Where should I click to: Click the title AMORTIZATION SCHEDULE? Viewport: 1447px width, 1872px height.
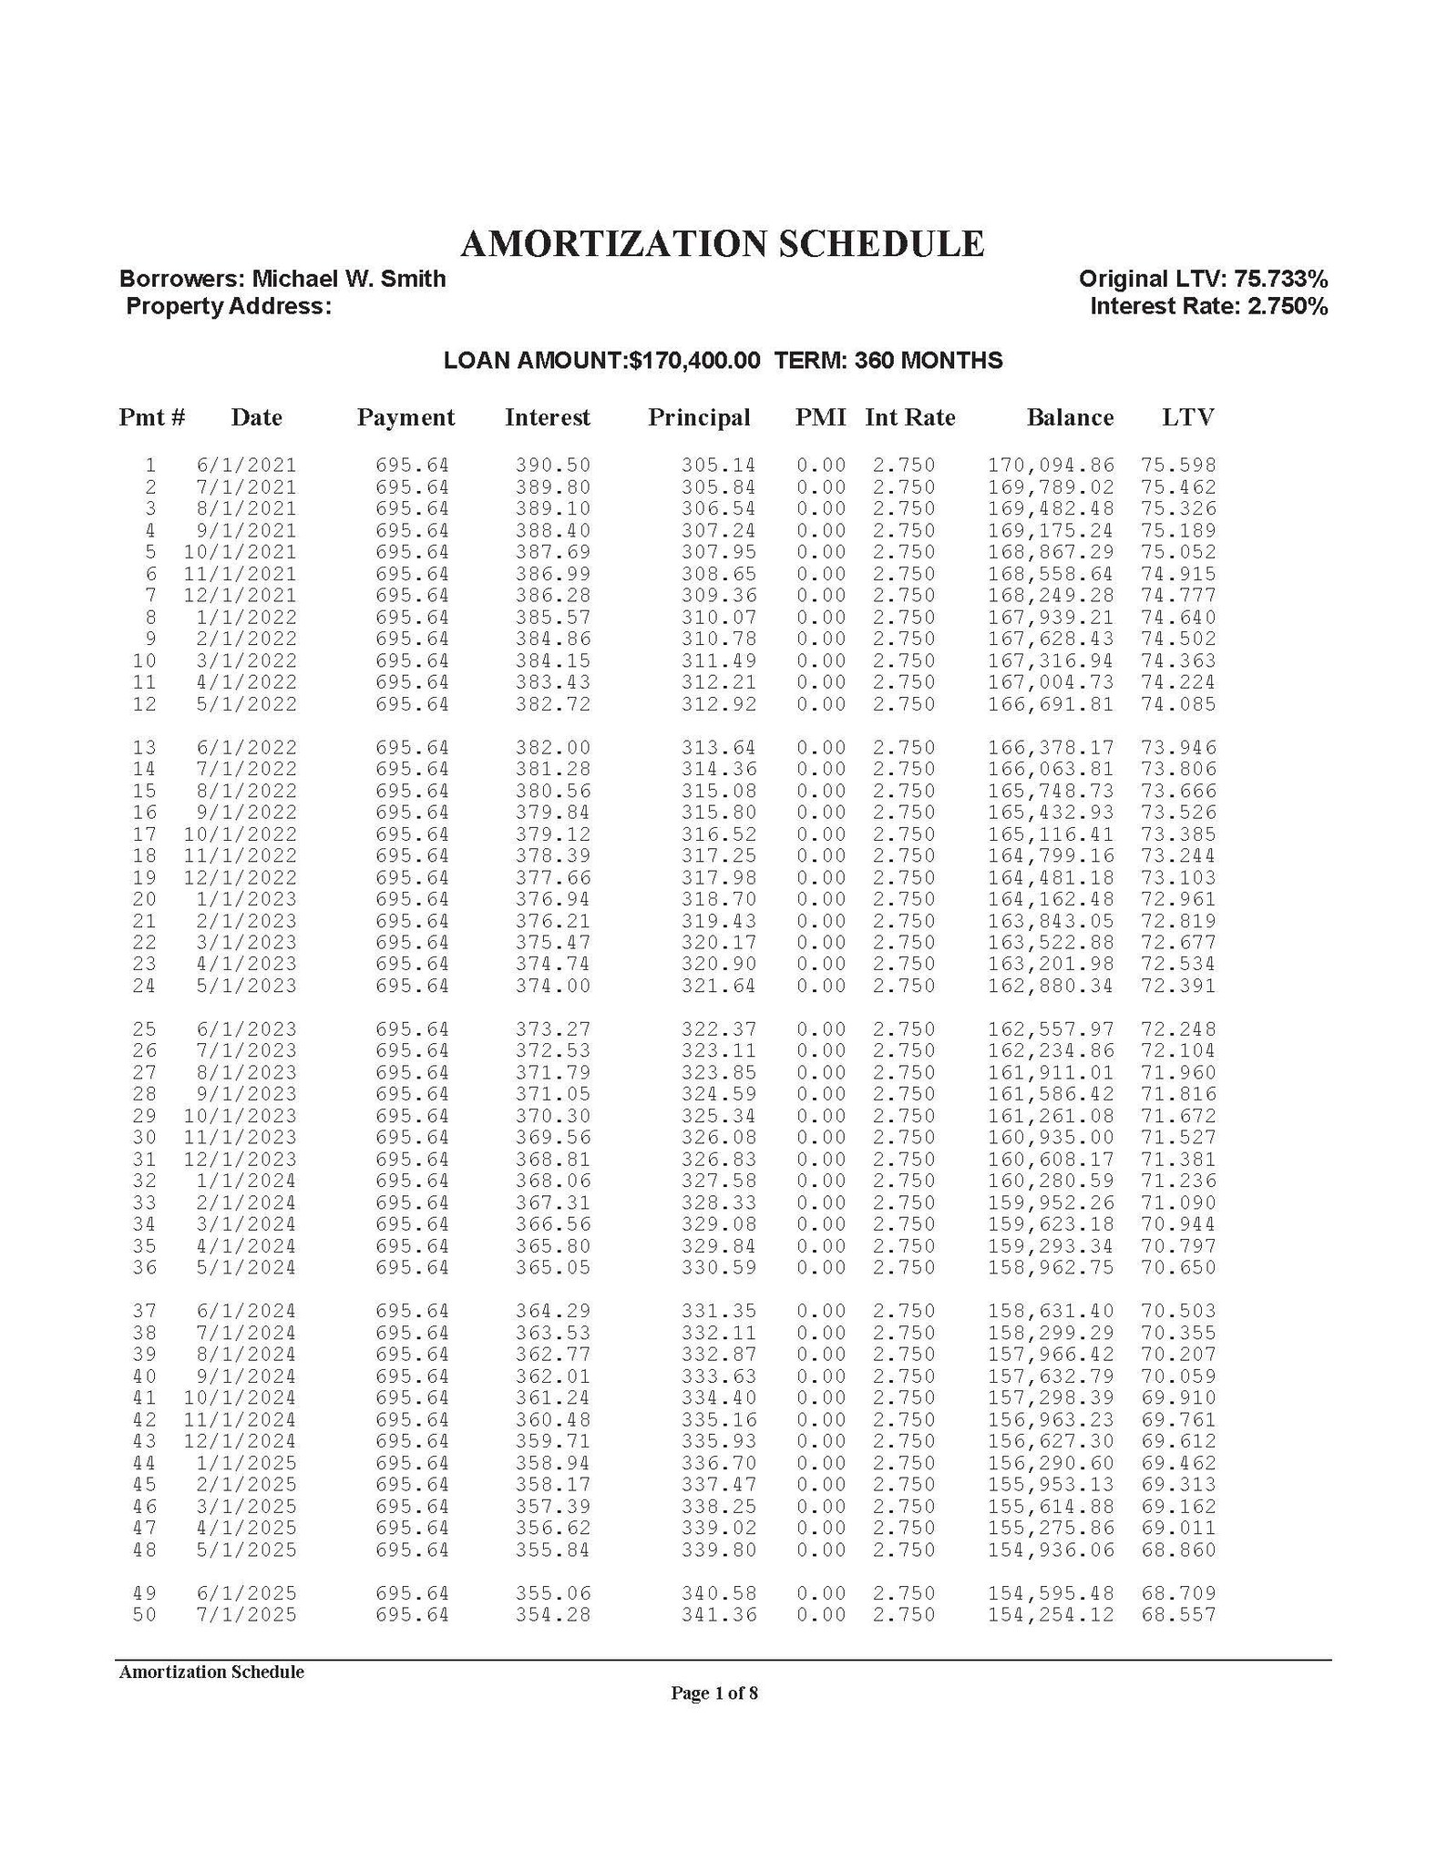pyautogui.click(x=722, y=244)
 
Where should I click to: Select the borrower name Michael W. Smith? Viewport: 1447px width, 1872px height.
pyautogui.click(x=348, y=279)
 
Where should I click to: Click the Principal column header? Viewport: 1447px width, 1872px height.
pyautogui.click(x=699, y=418)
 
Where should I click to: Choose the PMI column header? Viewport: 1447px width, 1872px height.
pyautogui.click(x=820, y=418)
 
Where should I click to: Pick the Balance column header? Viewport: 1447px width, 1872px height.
pyautogui.click(x=1069, y=418)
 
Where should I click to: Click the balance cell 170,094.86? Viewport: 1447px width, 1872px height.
pyautogui.click(x=1051, y=465)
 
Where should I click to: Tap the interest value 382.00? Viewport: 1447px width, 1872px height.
pyautogui.click(x=553, y=748)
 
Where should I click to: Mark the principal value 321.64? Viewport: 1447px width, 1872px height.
pyautogui.click(x=719, y=987)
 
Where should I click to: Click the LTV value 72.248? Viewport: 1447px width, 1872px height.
pyautogui.click(x=1178, y=1029)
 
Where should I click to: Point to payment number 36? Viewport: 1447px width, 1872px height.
pyautogui.click(x=144, y=1268)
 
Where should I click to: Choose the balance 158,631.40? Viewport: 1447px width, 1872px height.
pyautogui.click(x=1051, y=1312)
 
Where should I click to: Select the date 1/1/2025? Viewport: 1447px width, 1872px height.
pyautogui.click(x=246, y=1464)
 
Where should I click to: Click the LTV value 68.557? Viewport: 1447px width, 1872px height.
pyautogui.click(x=1178, y=1616)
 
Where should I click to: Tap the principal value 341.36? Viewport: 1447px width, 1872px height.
pyautogui.click(x=719, y=1616)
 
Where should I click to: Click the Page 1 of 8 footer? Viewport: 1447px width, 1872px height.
pyautogui.click(x=714, y=1693)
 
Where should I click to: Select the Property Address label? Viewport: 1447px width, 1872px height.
pyautogui.click(x=228, y=307)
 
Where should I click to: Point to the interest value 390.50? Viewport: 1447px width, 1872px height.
pyautogui.click(x=553, y=465)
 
